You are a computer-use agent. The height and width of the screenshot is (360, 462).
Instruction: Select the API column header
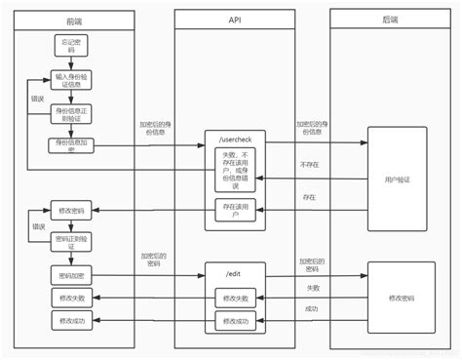click(236, 20)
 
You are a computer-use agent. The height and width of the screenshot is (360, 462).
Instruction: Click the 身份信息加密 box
click(69, 145)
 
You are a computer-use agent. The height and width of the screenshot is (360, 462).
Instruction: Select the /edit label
click(235, 272)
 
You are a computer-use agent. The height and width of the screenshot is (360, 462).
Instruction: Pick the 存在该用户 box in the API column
click(235, 210)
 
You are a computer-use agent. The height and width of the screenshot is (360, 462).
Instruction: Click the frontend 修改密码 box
click(69, 210)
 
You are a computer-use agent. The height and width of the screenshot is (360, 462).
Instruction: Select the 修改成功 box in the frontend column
click(69, 320)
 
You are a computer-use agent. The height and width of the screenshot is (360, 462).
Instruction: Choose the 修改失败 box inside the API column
click(235, 298)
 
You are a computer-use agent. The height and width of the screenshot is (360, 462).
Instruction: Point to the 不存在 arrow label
click(310, 165)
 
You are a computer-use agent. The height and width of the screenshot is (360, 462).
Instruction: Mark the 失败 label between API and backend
click(311, 289)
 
